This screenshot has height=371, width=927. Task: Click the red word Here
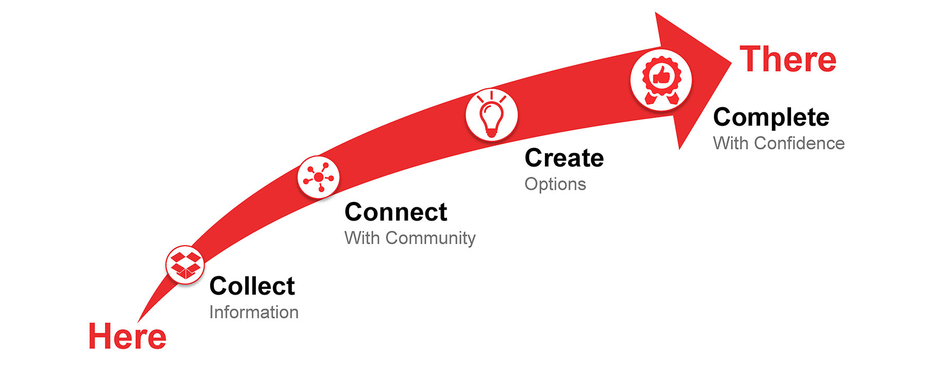127,336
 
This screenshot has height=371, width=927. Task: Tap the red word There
788,59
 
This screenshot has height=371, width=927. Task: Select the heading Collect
252,286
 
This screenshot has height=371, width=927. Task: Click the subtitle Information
254,312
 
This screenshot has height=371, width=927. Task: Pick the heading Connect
396,212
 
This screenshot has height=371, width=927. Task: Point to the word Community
431,239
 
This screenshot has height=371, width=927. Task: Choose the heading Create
564,158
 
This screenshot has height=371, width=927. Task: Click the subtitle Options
555,184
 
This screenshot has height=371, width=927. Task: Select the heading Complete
771,118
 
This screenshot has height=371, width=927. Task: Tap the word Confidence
799,143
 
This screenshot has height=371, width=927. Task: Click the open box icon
185,265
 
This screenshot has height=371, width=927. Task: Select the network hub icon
319,177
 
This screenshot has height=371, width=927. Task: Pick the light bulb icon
492,115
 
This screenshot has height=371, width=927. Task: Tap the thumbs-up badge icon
661,80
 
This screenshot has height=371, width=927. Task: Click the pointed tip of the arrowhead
731,63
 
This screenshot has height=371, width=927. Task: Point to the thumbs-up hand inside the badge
662,76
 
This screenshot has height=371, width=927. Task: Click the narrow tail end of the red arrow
139,321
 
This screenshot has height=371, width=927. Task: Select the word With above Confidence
731,143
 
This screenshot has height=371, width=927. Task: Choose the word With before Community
362,238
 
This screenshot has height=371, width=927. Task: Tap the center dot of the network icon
319,177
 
